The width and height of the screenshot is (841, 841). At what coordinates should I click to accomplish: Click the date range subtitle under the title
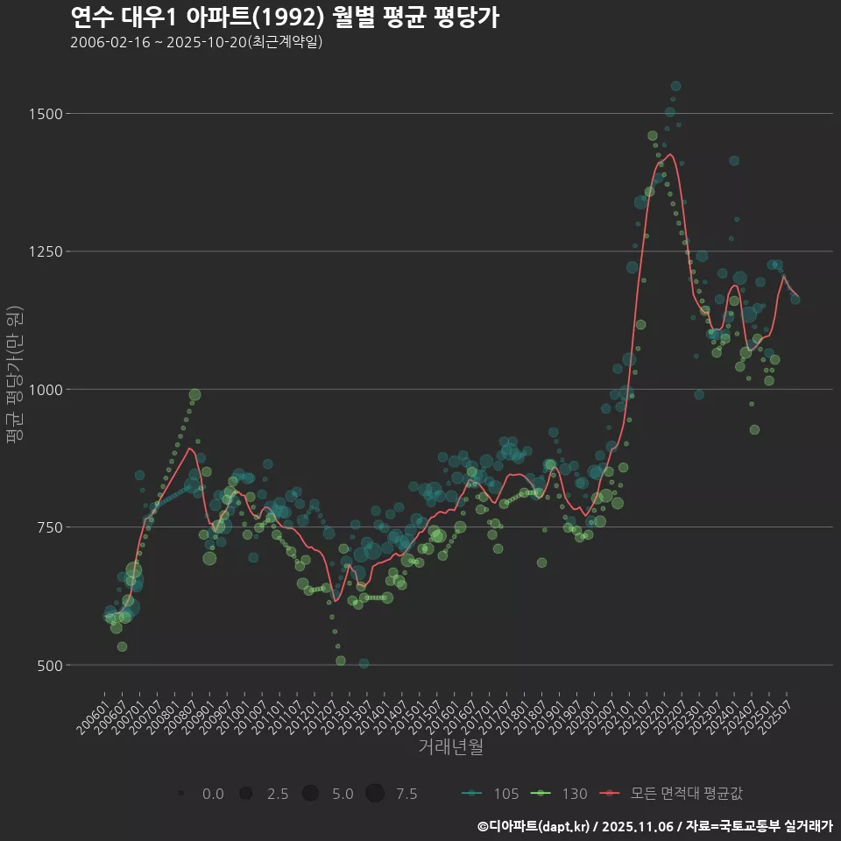tap(196, 42)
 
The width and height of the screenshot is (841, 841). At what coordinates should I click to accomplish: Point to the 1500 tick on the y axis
tap(45, 114)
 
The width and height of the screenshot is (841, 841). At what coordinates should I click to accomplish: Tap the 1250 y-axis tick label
tap(45, 251)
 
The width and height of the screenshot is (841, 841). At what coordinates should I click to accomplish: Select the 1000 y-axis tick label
tap(45, 390)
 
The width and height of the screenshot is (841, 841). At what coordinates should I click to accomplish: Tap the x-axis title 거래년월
tap(450, 746)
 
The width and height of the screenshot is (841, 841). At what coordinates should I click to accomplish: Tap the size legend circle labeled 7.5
tap(375, 794)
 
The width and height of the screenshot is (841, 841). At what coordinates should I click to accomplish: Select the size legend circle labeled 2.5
tap(246, 794)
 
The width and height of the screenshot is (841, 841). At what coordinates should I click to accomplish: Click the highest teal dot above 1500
tap(675, 86)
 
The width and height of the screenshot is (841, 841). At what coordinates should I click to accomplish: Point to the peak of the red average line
tap(670, 154)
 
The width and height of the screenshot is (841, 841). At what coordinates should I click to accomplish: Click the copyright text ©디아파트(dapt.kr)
tap(534, 826)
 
